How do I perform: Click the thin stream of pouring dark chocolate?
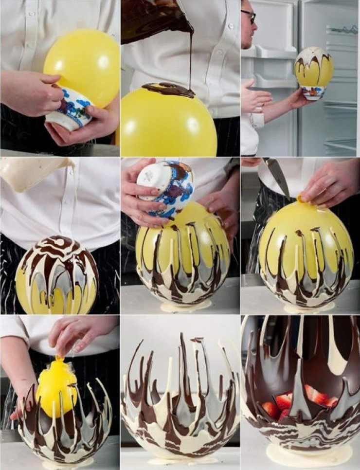point(191,58)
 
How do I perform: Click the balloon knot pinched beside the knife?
point(303,199)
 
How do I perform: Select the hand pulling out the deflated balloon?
point(78,336)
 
